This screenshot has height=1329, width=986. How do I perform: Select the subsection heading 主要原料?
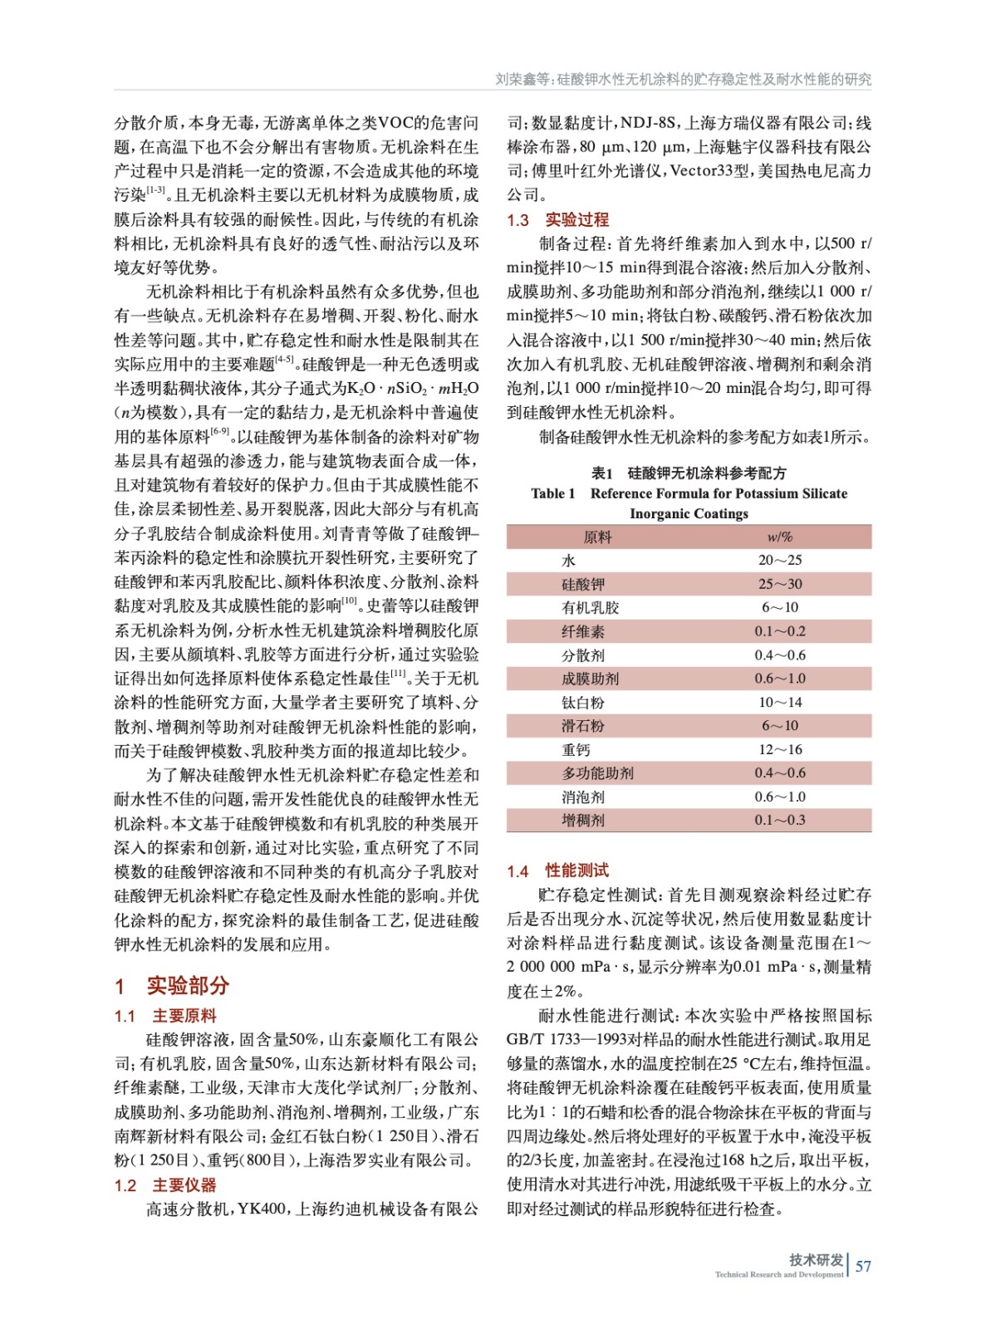tap(184, 1016)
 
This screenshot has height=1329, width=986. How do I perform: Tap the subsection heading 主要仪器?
tap(184, 1185)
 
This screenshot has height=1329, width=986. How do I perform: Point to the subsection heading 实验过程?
tap(576, 219)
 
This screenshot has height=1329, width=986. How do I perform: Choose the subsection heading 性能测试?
tap(576, 870)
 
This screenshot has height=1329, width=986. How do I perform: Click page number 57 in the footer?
tap(863, 1266)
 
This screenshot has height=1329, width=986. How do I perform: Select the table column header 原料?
tap(597, 537)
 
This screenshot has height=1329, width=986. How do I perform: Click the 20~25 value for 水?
tap(779, 561)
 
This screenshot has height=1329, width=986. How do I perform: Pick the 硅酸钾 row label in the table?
tap(583, 584)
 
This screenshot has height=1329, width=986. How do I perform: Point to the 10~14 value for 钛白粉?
tap(779, 703)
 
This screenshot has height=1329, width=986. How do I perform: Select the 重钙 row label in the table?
tap(576, 750)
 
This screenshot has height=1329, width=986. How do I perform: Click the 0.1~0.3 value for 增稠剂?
tap(779, 821)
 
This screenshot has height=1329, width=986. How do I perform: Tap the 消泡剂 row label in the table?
tap(583, 797)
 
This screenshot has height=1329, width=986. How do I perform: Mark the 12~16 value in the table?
tap(779, 750)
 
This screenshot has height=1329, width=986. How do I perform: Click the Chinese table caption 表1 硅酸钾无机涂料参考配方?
tap(688, 473)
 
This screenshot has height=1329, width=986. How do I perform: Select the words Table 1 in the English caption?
tap(552, 493)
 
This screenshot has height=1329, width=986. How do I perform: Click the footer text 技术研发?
tap(816, 1259)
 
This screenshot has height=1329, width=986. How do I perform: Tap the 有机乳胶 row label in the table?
tap(590, 608)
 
